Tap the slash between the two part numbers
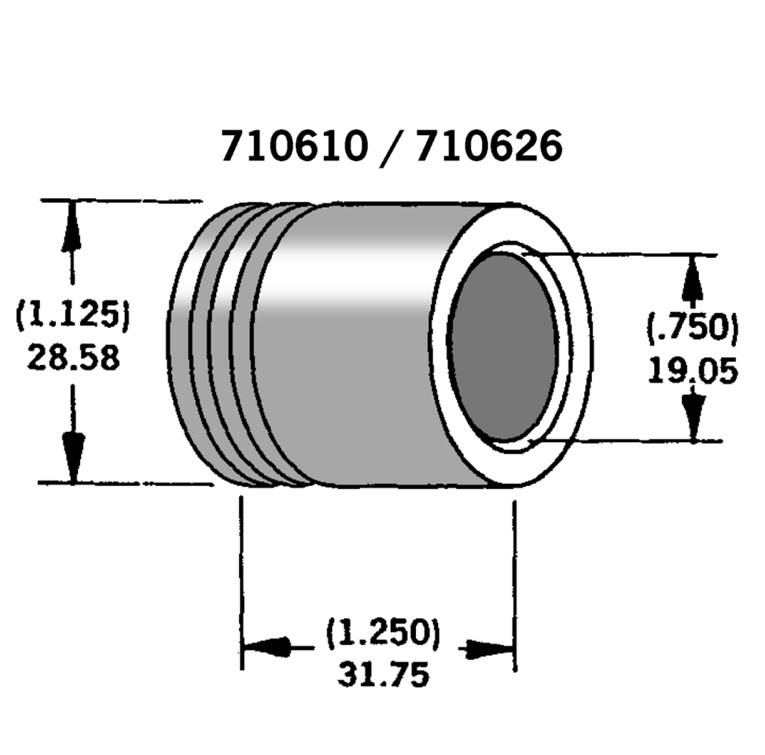pos(391,146)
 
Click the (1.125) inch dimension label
pos(72,317)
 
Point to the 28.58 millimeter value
pos(73,358)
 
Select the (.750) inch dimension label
pos(693,328)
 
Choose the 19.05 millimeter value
pos(693,370)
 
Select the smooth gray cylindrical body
pos(354,346)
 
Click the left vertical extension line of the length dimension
pos(241,582)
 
